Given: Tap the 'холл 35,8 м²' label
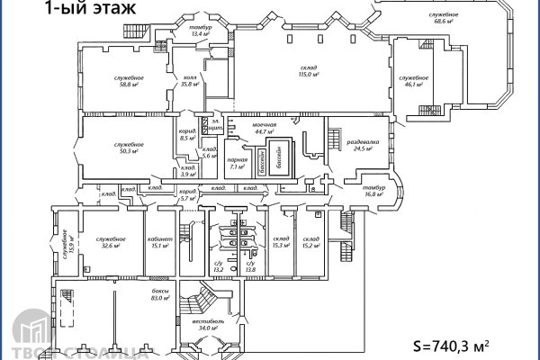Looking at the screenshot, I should [x=189, y=81].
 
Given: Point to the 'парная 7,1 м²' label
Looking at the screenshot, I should [x=238, y=163].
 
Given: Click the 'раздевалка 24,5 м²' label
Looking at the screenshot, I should [x=362, y=144].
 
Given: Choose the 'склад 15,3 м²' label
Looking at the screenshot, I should [x=280, y=242].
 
